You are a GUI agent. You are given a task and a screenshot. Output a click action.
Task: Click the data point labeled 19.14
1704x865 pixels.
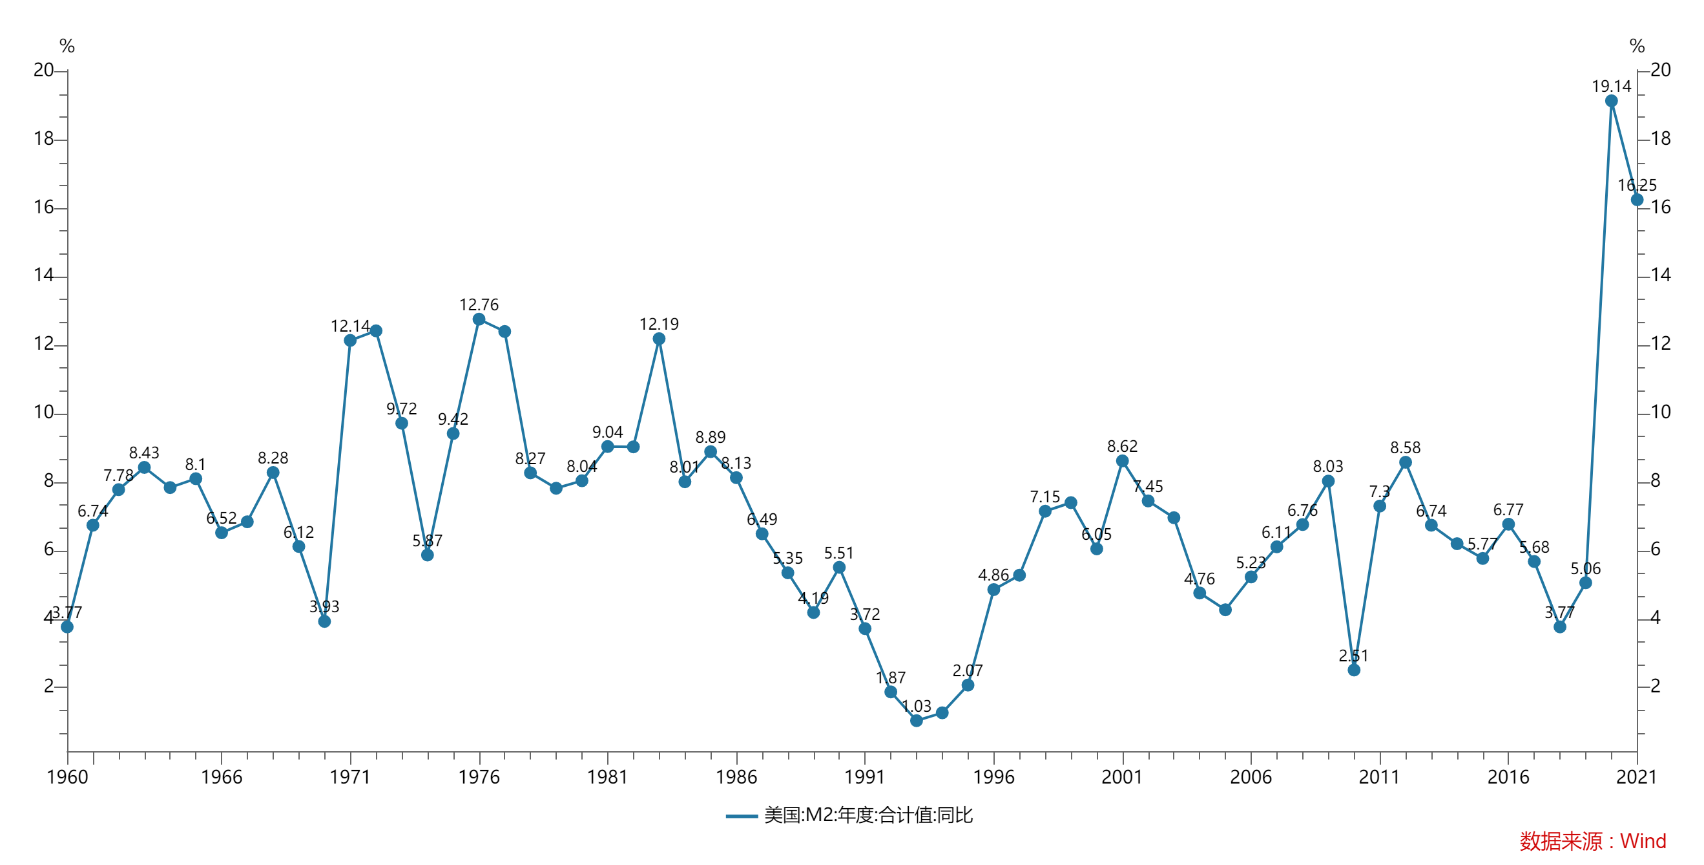point(1612,101)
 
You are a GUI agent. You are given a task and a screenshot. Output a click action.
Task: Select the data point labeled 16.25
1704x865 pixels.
point(1637,200)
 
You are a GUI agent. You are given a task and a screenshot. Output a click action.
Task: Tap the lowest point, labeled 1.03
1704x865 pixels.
point(916,721)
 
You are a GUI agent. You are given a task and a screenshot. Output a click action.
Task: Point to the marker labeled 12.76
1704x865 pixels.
point(479,319)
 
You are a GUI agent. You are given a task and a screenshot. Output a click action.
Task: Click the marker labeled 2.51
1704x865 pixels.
point(1354,670)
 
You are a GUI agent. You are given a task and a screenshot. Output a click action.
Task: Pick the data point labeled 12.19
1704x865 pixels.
point(659,339)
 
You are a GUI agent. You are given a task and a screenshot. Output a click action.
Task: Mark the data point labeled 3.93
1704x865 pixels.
point(324,621)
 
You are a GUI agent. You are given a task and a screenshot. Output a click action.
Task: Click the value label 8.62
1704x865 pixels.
point(1123,447)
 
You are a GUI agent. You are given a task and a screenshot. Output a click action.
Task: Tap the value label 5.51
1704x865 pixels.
point(839,553)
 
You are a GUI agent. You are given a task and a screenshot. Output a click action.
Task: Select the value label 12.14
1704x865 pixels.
point(350,326)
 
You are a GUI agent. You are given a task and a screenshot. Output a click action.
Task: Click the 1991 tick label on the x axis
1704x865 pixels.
point(864,777)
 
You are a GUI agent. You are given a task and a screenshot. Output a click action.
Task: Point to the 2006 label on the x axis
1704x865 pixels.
point(1251,777)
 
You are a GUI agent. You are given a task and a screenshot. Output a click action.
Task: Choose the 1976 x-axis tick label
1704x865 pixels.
point(479,777)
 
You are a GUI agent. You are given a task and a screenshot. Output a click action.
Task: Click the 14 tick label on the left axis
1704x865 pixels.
point(44,275)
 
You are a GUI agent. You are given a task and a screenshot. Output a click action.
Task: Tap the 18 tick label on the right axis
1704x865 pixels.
point(1660,139)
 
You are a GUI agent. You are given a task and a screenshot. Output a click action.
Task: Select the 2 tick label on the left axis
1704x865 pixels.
point(49,687)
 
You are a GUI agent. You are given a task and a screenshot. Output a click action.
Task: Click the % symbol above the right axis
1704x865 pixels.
point(1637,47)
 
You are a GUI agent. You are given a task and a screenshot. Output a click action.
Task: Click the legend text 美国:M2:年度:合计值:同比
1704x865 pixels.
point(868,815)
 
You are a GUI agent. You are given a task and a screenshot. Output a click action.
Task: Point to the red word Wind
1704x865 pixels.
point(1643,841)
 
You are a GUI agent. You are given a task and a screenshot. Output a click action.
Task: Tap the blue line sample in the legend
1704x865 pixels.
point(742,816)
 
